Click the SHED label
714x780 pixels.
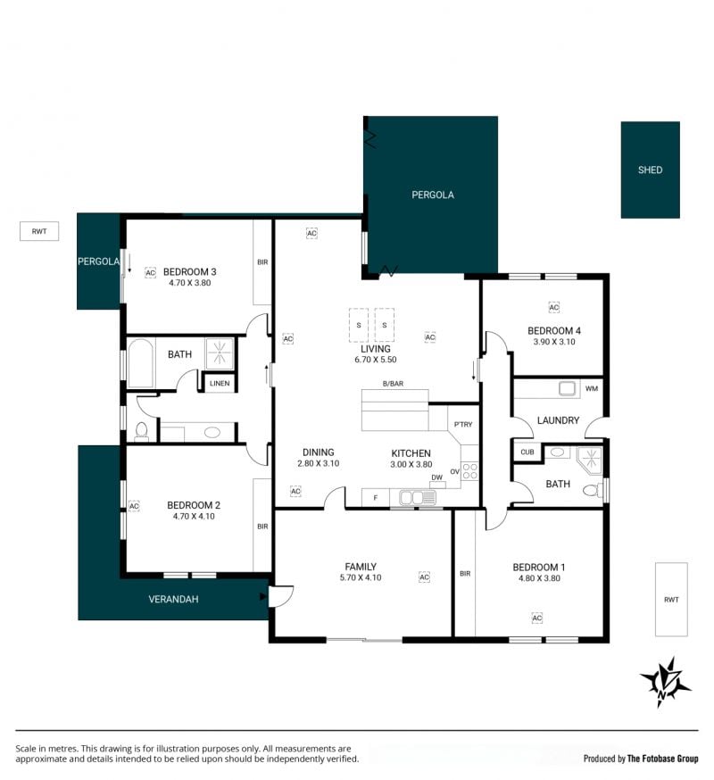(x=650, y=170)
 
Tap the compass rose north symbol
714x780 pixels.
(x=665, y=682)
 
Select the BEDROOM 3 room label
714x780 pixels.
(x=189, y=271)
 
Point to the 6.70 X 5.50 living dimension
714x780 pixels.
(x=376, y=360)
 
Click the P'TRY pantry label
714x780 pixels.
(x=463, y=424)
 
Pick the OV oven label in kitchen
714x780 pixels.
(x=455, y=471)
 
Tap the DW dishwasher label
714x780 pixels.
(x=436, y=477)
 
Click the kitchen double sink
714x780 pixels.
(x=417, y=497)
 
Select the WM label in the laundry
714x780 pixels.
(x=592, y=388)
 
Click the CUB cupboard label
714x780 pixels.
(x=527, y=452)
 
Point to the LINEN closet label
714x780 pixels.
(x=220, y=384)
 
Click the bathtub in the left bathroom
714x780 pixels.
(x=141, y=362)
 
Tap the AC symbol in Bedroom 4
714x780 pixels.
(x=553, y=307)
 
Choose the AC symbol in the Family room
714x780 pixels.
(x=424, y=577)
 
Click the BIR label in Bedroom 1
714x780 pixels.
(x=465, y=574)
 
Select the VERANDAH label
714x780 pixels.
(x=173, y=600)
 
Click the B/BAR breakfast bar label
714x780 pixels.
(x=393, y=384)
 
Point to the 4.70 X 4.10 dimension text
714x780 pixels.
(x=194, y=517)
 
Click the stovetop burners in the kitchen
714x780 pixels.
(x=470, y=471)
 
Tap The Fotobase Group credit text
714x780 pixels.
(x=663, y=759)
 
